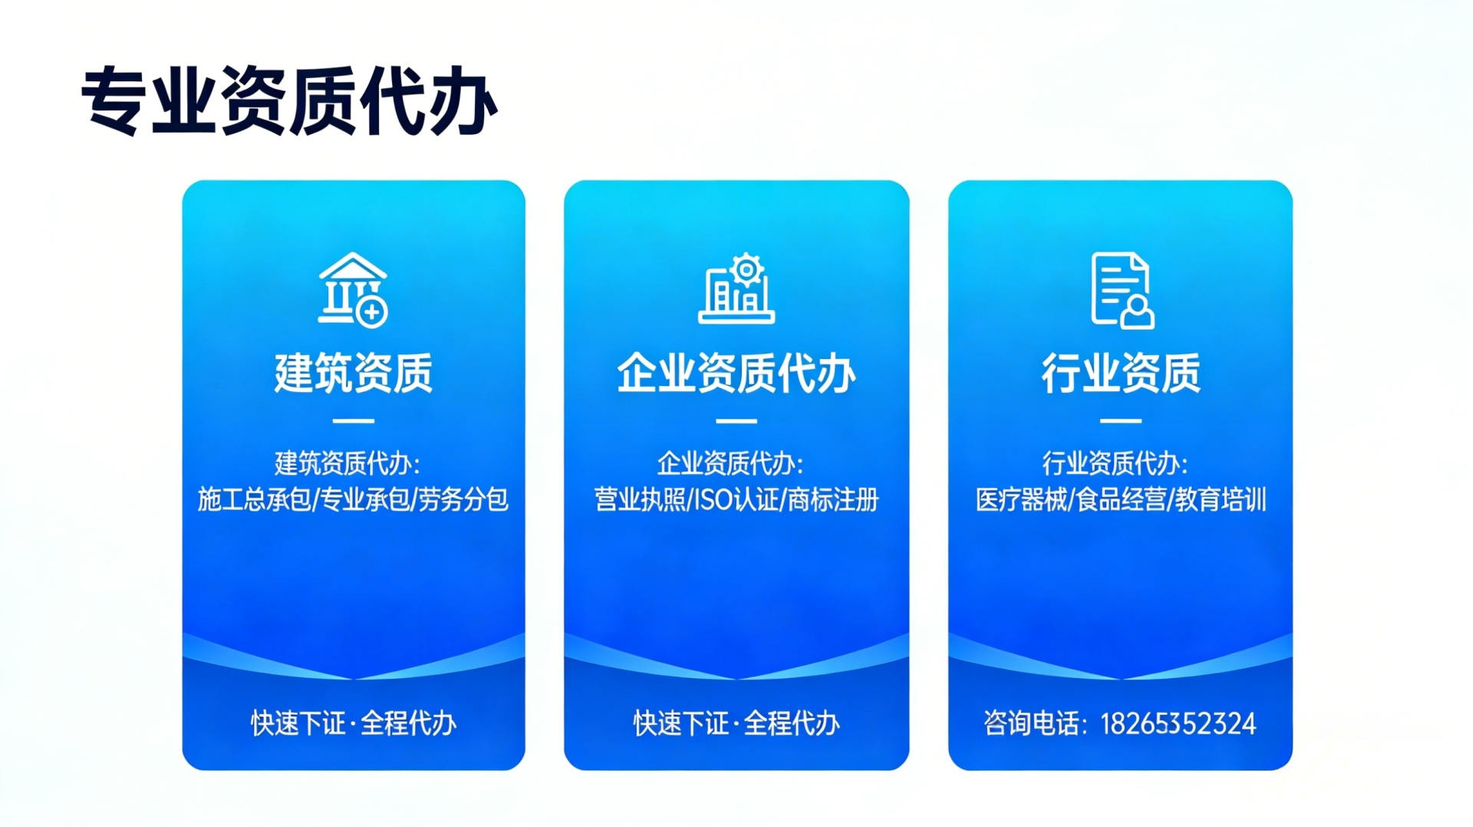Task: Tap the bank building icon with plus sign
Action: coord(353,289)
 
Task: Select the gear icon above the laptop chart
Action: coord(746,269)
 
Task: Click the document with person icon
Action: coord(1122,291)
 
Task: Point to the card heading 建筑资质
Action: coord(354,374)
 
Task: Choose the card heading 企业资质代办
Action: coord(736,374)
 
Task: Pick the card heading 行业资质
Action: coord(1121,374)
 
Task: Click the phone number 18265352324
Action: coord(1178,723)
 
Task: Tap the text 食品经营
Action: coord(1121,499)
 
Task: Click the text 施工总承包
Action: coord(255,499)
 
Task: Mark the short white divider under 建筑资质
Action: coord(354,421)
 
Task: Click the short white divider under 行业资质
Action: coord(1121,421)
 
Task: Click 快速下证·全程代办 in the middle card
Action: coord(736,723)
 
